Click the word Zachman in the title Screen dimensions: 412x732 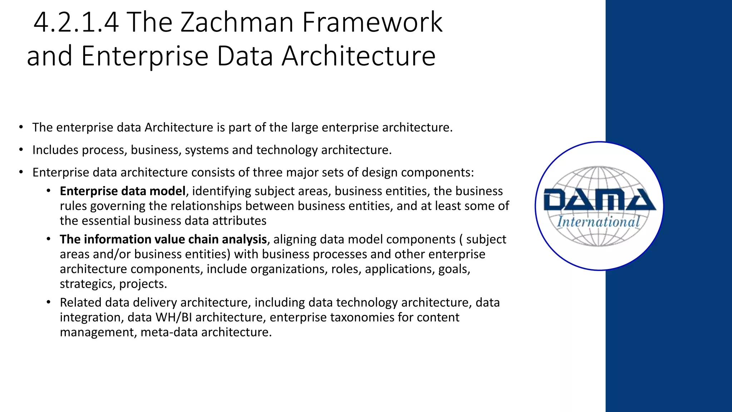coord(237,22)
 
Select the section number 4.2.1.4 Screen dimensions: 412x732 coord(76,22)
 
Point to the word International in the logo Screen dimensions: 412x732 coord(598,222)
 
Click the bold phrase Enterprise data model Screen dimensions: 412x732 coord(123,191)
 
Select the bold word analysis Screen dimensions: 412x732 coord(244,239)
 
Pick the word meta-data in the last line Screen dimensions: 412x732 coord(169,332)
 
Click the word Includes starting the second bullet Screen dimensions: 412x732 coord(55,150)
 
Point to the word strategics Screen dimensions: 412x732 coord(88,284)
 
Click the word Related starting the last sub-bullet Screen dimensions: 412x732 coord(80,303)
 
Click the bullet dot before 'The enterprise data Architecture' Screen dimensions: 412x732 coord(21,127)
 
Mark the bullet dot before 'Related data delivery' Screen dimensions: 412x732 coord(49,303)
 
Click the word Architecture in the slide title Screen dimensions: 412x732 coord(358,56)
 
